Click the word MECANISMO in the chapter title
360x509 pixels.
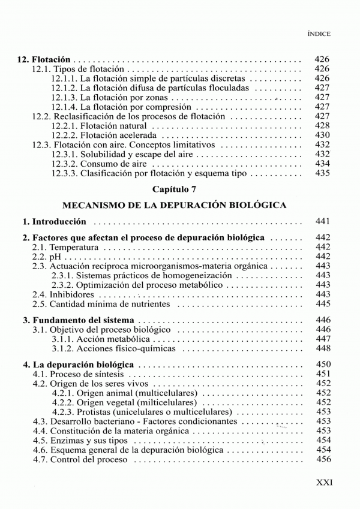91,204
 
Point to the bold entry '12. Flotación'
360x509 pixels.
44,60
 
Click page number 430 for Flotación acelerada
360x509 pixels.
323,135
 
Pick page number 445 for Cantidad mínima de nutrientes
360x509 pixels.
323,304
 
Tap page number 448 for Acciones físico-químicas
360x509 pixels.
323,348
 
